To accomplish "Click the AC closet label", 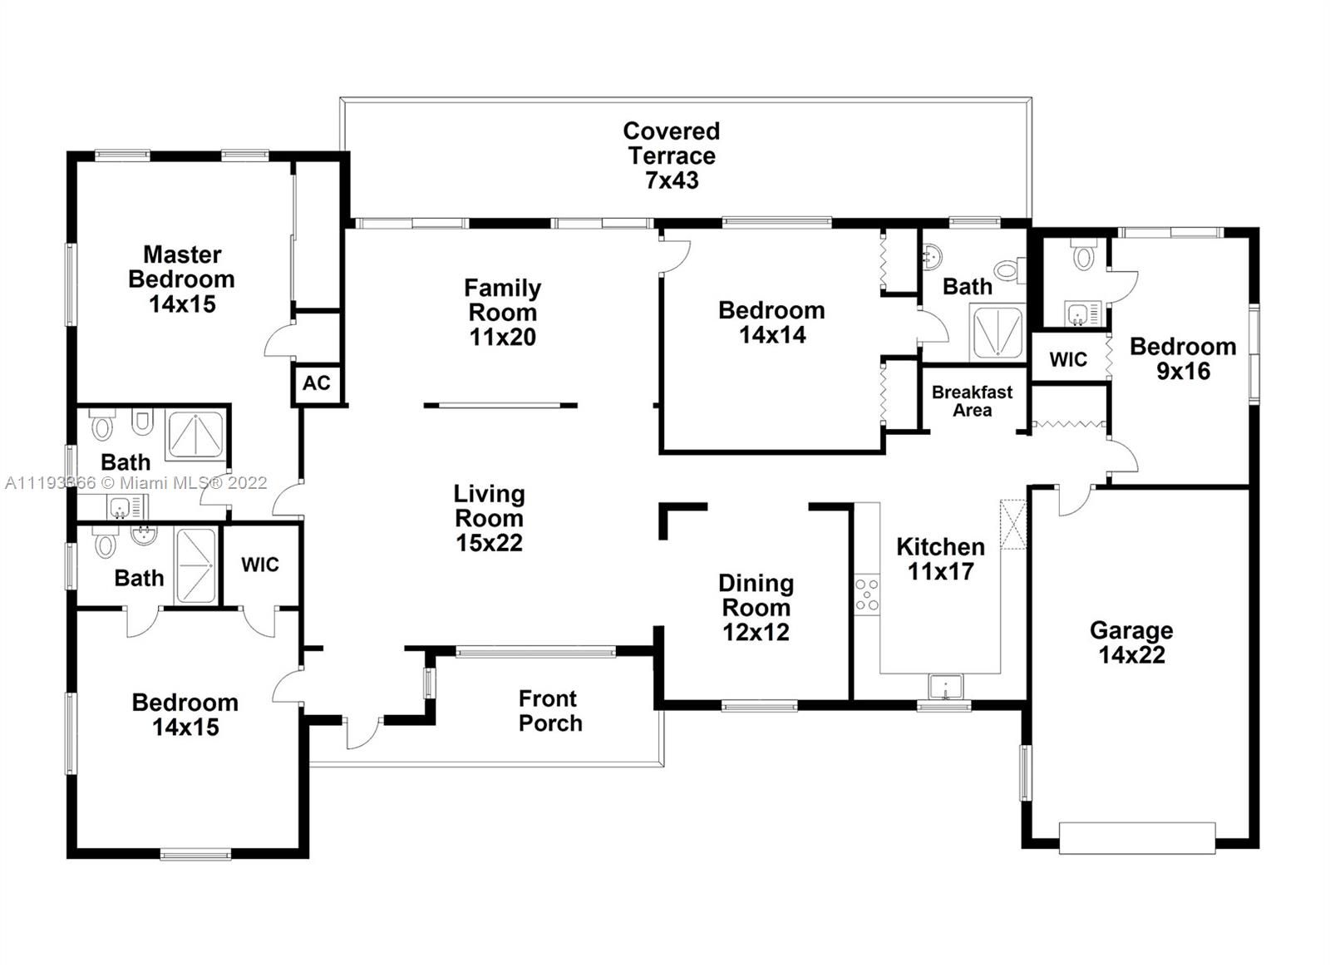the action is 316,383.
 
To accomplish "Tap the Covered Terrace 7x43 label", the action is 672,155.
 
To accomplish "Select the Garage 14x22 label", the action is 1131,642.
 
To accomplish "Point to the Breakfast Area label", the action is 972,401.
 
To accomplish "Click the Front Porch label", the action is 550,710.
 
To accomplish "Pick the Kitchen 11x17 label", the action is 940,559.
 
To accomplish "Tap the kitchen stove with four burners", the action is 867,594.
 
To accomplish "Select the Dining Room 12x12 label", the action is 756,607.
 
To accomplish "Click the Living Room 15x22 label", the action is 490,518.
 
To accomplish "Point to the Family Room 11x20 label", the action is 502,313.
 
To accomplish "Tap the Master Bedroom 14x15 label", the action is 182,279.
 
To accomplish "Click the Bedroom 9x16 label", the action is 1183,358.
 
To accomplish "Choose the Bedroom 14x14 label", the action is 771,322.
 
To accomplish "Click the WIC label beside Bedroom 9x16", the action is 1068,359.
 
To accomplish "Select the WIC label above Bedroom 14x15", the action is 260,565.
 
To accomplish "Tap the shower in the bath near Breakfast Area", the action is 997,333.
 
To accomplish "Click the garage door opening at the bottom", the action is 1137,838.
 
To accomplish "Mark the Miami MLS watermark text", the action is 136,482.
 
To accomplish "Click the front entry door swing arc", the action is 363,734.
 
